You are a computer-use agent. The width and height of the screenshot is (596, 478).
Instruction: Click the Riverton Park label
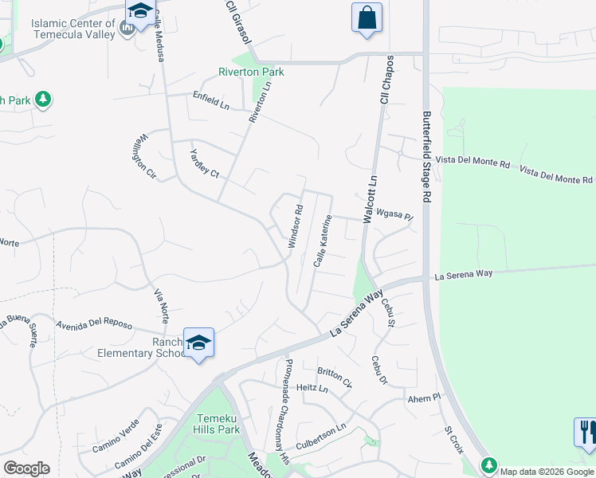(x=251, y=72)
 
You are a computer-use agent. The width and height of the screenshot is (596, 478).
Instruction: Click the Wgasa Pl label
(x=395, y=216)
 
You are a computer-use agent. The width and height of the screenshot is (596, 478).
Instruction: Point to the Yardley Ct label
(x=204, y=163)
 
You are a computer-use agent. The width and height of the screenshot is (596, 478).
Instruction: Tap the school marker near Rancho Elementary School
(x=198, y=343)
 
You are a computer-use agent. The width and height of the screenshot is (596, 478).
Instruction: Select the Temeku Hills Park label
(x=216, y=423)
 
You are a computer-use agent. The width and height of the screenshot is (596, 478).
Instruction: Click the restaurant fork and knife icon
(x=586, y=432)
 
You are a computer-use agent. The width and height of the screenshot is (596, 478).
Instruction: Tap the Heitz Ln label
(x=312, y=389)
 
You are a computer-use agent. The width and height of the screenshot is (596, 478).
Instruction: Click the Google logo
(x=26, y=468)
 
